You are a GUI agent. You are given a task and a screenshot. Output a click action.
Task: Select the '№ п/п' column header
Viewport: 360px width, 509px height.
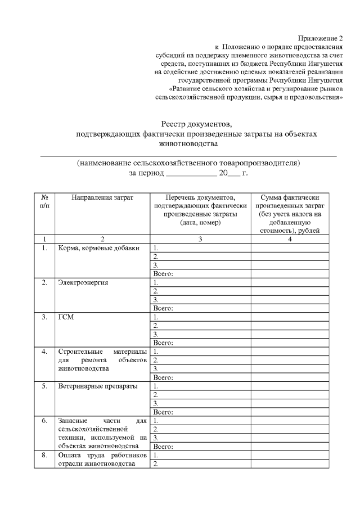[44, 202]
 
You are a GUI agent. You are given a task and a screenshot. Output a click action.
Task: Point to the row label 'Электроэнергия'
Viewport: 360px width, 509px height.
[83, 282]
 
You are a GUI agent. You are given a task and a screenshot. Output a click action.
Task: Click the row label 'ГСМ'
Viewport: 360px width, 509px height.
[66, 317]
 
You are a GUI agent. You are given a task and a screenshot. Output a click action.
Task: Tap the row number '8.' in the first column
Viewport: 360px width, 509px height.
[44, 455]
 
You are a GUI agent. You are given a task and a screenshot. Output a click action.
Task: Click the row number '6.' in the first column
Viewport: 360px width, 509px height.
[44, 420]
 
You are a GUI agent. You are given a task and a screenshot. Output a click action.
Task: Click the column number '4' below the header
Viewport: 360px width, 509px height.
[290, 238]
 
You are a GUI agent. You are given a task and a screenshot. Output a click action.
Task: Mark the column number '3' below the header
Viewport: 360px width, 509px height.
[200, 238]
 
